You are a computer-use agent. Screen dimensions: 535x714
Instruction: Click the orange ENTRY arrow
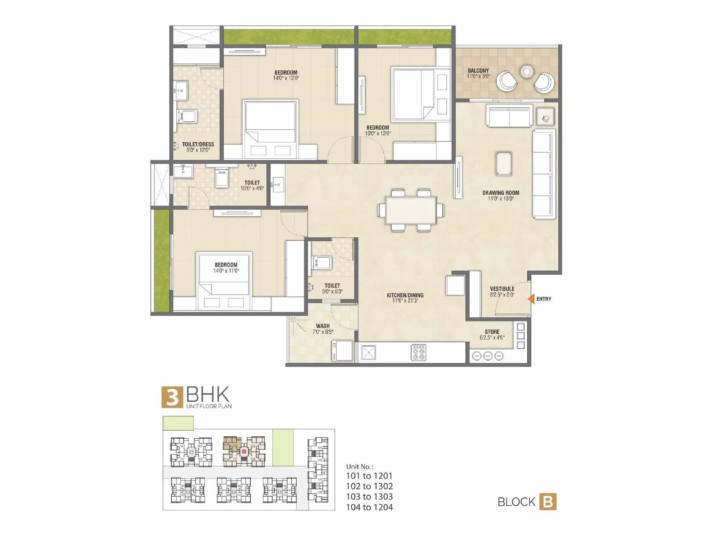click(x=531, y=299)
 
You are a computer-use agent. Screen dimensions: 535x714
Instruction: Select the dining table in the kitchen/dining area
click(x=411, y=210)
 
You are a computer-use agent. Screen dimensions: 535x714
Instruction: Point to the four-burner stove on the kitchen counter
click(x=418, y=352)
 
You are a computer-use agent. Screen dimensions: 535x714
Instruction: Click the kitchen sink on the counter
click(x=369, y=353)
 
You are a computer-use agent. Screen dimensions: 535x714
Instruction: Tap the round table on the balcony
click(x=527, y=71)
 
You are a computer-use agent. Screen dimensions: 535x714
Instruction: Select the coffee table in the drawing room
click(x=504, y=163)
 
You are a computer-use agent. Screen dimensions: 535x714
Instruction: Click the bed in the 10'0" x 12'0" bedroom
click(x=413, y=95)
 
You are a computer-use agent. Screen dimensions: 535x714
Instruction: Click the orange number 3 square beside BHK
click(x=172, y=397)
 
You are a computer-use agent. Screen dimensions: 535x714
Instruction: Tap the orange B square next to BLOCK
click(x=548, y=502)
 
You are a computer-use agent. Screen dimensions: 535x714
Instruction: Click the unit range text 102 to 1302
click(x=369, y=486)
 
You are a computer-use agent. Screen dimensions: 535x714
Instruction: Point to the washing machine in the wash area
click(x=342, y=351)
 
